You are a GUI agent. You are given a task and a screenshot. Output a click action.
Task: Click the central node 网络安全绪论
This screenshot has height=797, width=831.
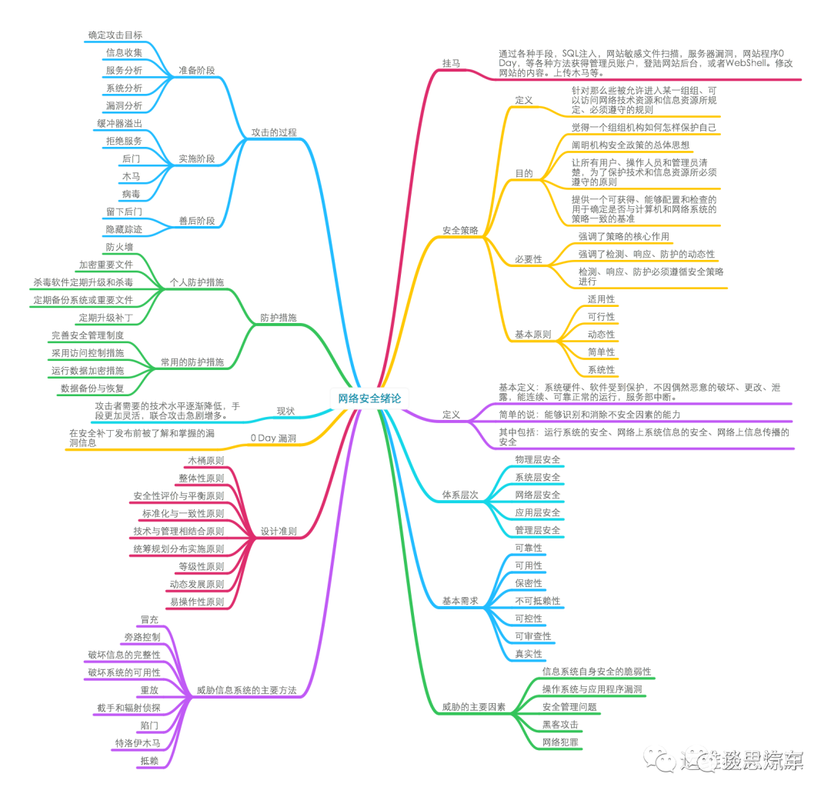click(369, 398)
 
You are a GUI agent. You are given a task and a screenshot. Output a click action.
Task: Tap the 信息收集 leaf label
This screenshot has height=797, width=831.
click(123, 52)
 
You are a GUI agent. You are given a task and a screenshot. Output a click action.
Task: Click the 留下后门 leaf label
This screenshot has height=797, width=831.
click(123, 211)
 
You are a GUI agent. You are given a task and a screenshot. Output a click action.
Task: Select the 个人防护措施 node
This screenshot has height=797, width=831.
click(197, 282)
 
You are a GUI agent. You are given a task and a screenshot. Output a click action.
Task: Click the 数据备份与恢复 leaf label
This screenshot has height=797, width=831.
click(92, 388)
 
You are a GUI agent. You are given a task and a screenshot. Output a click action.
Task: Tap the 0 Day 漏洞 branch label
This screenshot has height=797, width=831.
click(273, 439)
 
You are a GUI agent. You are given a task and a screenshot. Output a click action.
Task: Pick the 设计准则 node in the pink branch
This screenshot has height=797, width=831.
click(279, 532)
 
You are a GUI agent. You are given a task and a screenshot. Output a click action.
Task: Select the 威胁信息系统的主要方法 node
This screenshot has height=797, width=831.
click(247, 689)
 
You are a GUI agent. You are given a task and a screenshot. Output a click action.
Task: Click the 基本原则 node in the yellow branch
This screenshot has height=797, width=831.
click(532, 335)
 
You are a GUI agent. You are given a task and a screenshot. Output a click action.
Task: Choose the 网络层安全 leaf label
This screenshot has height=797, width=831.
click(537, 495)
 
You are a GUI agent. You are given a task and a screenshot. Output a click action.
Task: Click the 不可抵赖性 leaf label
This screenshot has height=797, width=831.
click(537, 600)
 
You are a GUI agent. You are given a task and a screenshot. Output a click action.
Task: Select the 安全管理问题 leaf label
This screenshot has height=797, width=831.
click(569, 706)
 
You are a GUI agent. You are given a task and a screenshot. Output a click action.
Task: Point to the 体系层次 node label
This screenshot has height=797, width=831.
click(459, 495)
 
